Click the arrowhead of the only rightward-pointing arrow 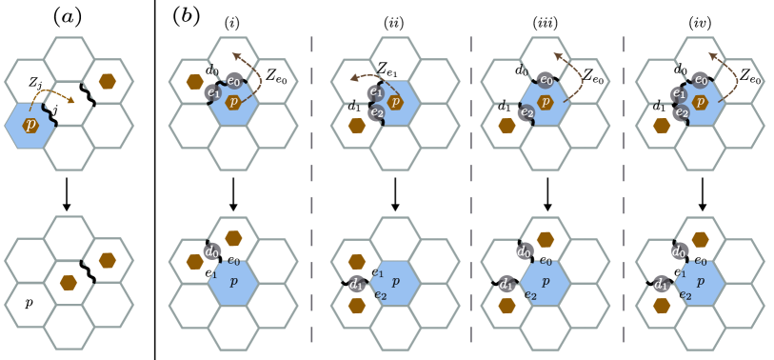[73, 100]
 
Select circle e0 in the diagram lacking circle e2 [233, 81]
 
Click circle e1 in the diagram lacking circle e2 [213, 92]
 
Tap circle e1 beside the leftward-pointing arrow [375, 92]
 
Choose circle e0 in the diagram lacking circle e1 [545, 80]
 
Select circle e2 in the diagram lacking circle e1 [526, 112]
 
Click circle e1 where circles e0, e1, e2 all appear [679, 93]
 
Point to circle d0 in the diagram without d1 [211, 251]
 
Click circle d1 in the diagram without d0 [356, 284]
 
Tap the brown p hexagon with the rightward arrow [30, 125]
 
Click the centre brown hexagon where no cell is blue [69, 283]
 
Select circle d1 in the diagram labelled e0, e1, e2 [661, 284]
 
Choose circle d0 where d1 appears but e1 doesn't [524, 251]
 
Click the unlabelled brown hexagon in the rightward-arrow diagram [108, 81]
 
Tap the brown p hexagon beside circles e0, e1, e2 [700, 102]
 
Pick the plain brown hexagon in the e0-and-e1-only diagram [195, 82]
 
